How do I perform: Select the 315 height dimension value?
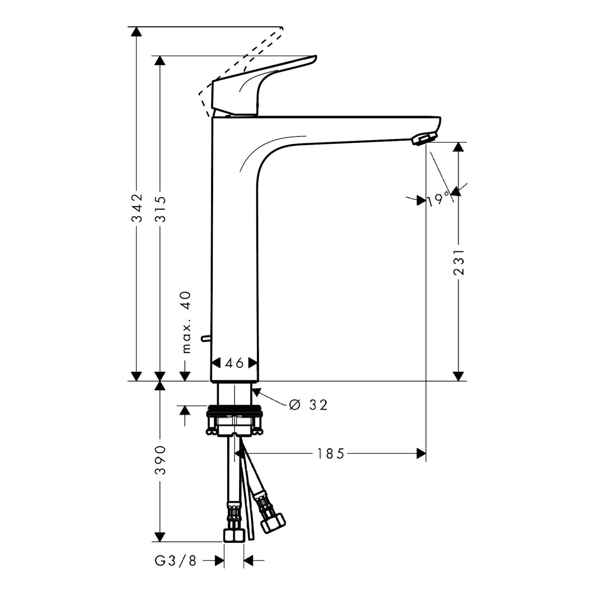click(x=161, y=208)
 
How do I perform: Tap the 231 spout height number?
click(x=459, y=262)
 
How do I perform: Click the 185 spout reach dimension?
click(x=331, y=454)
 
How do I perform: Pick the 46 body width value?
click(x=235, y=363)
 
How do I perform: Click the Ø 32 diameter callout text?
click(x=308, y=405)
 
